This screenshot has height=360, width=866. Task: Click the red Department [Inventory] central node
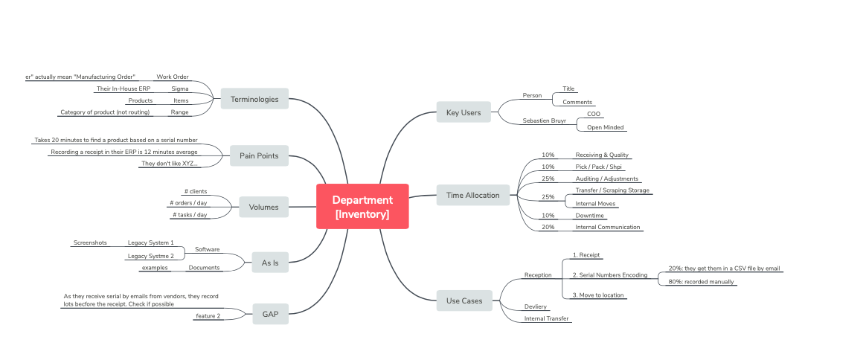362,207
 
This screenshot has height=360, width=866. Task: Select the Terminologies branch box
254,99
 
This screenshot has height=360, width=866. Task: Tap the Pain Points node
258,156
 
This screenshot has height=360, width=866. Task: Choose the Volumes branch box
263,207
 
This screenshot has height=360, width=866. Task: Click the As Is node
270,262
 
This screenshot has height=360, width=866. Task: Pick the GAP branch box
270,314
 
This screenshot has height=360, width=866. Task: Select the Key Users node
464,112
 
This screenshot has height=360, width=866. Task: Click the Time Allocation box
472,196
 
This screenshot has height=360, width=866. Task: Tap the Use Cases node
464,301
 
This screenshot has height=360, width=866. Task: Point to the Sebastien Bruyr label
545,120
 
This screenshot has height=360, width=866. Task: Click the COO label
594,114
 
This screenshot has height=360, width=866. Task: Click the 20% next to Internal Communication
548,227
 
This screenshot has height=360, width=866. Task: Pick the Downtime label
590,215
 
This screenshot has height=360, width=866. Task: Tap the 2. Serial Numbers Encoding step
609,275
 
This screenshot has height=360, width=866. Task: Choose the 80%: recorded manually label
702,282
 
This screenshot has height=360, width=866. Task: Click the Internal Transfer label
547,318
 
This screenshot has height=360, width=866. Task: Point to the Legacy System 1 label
151,242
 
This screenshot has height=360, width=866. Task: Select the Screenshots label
90,242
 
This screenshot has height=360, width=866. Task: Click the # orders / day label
188,203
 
